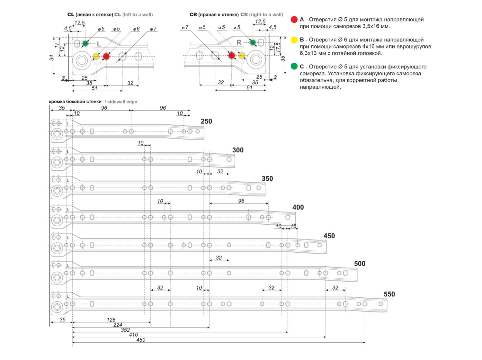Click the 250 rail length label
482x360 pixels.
pyautogui.click(x=206, y=122)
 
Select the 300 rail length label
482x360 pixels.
pyautogui.click(x=238, y=150)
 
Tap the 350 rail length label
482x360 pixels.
pyautogui.click(x=267, y=179)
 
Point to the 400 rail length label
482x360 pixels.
pyautogui.click(x=298, y=207)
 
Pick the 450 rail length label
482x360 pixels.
pyautogui.click(x=329, y=236)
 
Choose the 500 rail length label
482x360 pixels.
pyautogui.click(x=360, y=264)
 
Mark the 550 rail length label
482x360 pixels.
pyautogui.click(x=389, y=294)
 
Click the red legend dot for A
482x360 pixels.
pyautogui.click(x=294, y=20)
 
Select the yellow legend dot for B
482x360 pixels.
pyautogui.click(x=294, y=40)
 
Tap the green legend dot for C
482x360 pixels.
pyautogui.click(x=294, y=67)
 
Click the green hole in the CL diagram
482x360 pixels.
pyautogui.click(x=85, y=43)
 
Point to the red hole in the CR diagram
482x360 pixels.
pyautogui.click(x=231, y=55)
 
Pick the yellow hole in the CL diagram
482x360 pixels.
pyautogui.click(x=96, y=57)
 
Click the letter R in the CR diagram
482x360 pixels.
pyautogui.click(x=239, y=42)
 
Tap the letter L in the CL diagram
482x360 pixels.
pyautogui.click(x=99, y=44)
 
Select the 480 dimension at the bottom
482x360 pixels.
pyautogui.click(x=141, y=340)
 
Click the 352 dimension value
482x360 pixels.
pyautogui.click(x=125, y=330)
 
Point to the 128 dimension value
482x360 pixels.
pyautogui.click(x=111, y=320)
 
